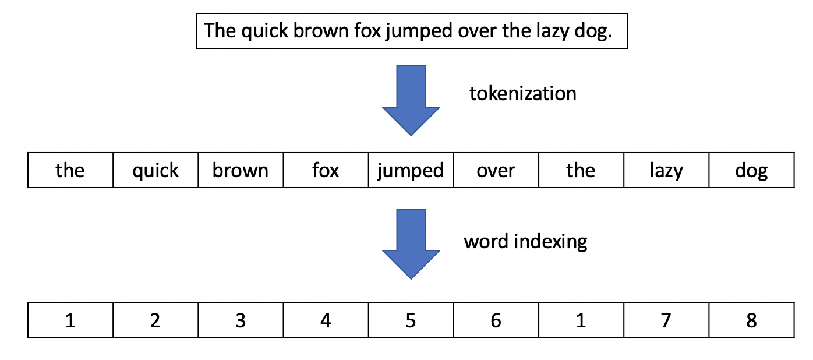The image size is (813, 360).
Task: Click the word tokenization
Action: pyautogui.click(x=522, y=93)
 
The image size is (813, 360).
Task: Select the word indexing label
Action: pyautogui.click(x=525, y=241)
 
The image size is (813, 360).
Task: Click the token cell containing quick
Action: pyautogui.click(x=155, y=171)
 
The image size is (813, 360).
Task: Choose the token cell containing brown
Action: pyautogui.click(x=241, y=171)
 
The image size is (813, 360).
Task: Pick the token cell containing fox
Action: pyautogui.click(x=326, y=171)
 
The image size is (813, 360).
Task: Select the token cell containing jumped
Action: pyautogui.click(x=411, y=171)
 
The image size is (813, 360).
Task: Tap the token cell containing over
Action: pyautogui.click(x=496, y=171)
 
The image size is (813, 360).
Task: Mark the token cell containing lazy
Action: pyautogui.click(x=666, y=171)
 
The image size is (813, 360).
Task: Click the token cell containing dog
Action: pyautogui.click(x=751, y=171)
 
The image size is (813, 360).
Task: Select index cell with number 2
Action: pyautogui.click(x=155, y=320)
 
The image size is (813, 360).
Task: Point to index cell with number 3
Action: pyautogui.click(x=241, y=320)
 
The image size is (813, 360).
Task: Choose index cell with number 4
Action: pyautogui.click(x=326, y=320)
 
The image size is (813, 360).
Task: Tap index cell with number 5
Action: pyautogui.click(x=411, y=320)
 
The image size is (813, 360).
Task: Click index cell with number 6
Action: pyautogui.click(x=496, y=320)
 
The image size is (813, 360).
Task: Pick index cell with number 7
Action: pyautogui.click(x=666, y=320)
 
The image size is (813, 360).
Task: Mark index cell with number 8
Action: pyautogui.click(x=751, y=320)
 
